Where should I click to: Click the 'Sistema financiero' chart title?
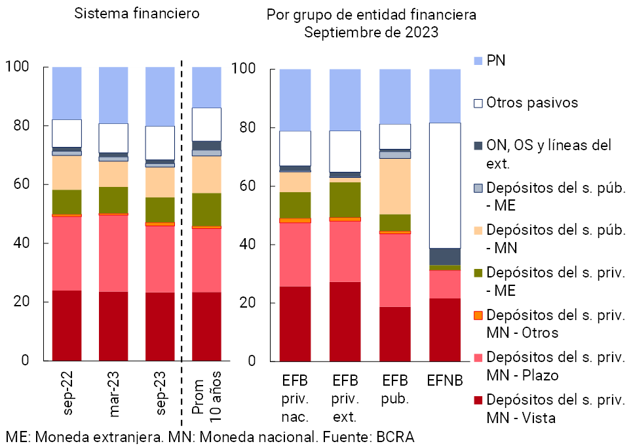[136, 13]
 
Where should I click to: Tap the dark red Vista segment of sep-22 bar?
[67, 325]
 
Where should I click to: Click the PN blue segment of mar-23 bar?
[113, 94]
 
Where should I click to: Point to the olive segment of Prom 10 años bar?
[206, 209]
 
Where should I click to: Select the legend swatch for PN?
[478, 61]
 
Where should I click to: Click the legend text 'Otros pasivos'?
[532, 103]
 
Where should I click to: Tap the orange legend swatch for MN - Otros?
[478, 315]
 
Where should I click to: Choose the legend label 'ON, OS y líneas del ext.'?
[549, 153]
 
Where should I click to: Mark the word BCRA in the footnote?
[395, 438]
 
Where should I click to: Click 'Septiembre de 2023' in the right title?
[372, 31]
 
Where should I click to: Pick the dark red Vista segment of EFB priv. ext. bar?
[345, 321]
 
